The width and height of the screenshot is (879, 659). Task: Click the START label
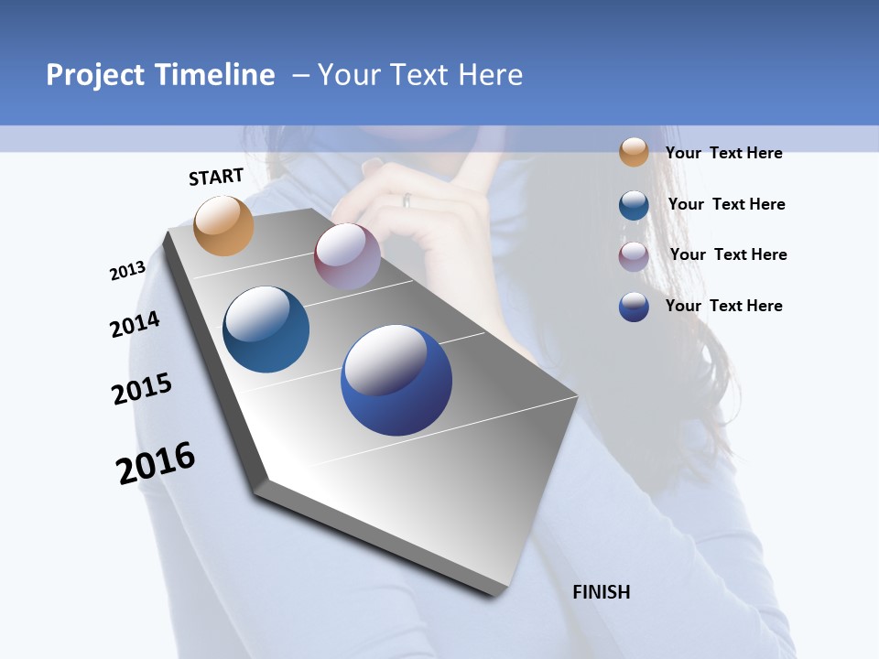tap(216, 177)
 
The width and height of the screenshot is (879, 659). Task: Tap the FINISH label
tap(602, 592)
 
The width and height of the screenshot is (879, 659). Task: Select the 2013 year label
tap(128, 271)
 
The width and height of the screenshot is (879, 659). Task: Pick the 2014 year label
tap(135, 325)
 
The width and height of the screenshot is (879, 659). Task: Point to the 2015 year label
tap(142, 389)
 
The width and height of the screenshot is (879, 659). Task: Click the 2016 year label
tap(156, 462)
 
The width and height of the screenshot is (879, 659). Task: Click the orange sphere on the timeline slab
tap(224, 225)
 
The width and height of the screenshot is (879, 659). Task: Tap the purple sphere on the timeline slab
tap(347, 256)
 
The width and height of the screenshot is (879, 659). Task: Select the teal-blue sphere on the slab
tap(266, 329)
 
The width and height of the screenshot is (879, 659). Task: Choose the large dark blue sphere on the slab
tap(396, 380)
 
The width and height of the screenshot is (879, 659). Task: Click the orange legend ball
tap(634, 152)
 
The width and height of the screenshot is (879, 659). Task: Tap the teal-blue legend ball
tap(634, 204)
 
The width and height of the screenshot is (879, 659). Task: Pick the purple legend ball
tap(634, 255)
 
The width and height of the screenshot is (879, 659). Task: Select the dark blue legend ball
tap(634, 307)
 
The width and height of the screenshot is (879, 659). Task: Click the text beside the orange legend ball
tap(723, 153)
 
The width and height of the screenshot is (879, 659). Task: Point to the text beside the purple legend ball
tap(728, 254)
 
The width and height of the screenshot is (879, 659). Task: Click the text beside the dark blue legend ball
tap(723, 306)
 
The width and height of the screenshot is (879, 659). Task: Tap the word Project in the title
tap(96, 75)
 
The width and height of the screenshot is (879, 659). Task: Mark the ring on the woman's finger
tap(407, 200)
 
